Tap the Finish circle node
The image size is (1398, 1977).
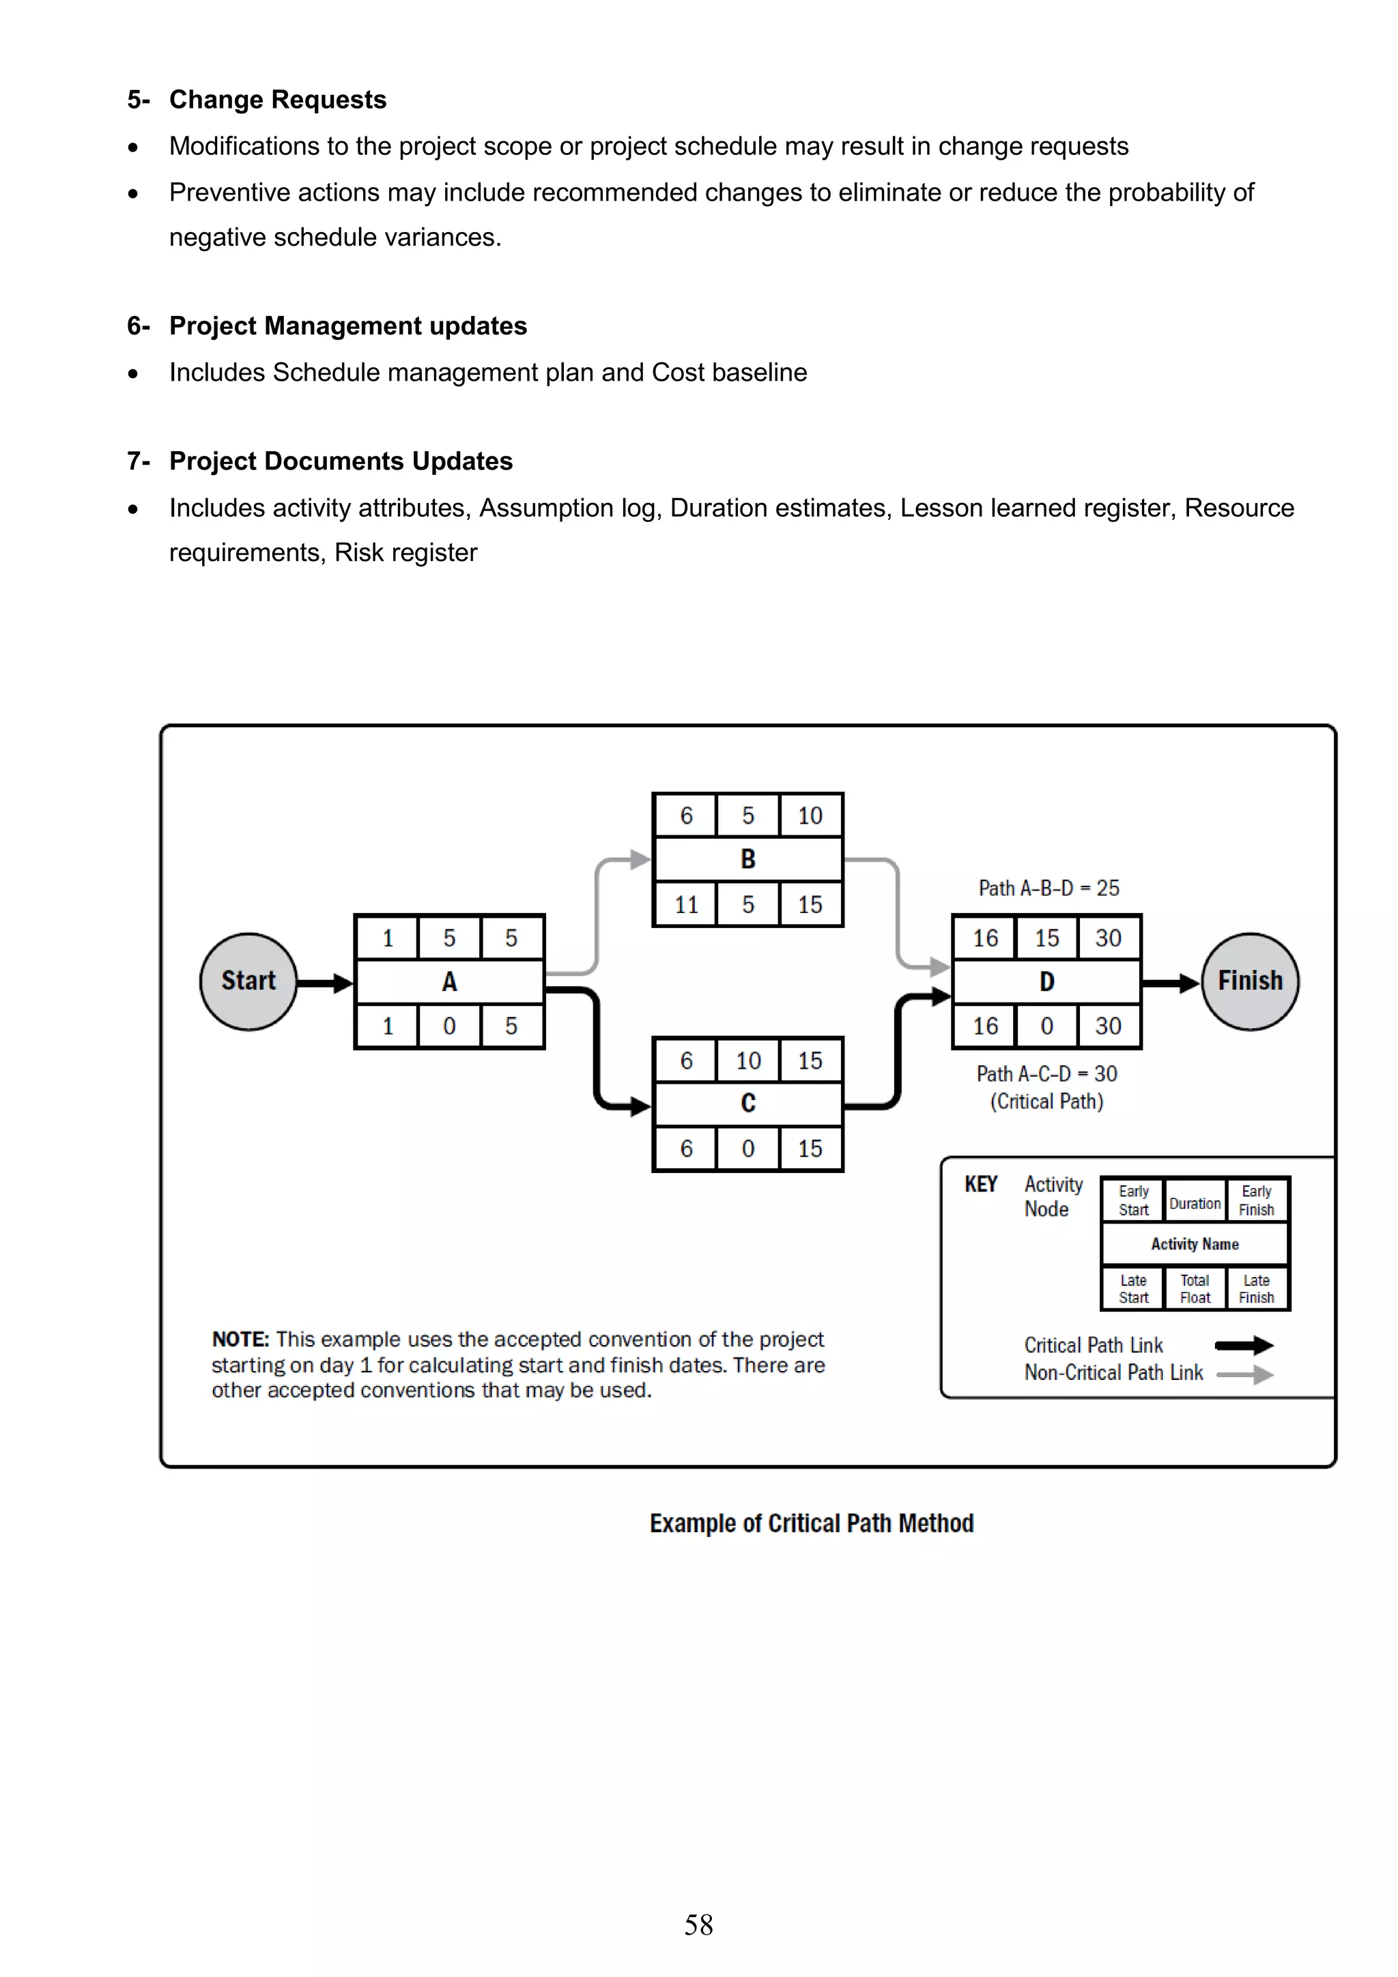(x=1249, y=981)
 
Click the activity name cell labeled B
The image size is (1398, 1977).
(x=747, y=858)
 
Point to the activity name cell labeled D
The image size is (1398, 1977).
(x=1046, y=981)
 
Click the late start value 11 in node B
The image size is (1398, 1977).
(x=685, y=904)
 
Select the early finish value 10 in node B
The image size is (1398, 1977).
(x=810, y=816)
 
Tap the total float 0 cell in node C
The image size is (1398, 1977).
(x=747, y=1149)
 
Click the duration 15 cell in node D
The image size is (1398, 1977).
(x=1046, y=938)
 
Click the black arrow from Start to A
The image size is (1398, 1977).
(x=325, y=983)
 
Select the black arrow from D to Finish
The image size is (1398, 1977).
(x=1171, y=983)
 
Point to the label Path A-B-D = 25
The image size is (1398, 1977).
(x=1048, y=888)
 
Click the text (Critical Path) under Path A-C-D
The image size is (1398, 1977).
(x=1046, y=1101)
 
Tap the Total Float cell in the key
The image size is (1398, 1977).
(x=1195, y=1289)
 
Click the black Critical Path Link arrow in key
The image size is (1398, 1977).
(x=1243, y=1345)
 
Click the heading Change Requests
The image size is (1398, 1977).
(x=277, y=100)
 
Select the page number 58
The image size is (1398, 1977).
(x=698, y=1924)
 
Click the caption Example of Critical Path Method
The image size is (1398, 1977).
(x=812, y=1523)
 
